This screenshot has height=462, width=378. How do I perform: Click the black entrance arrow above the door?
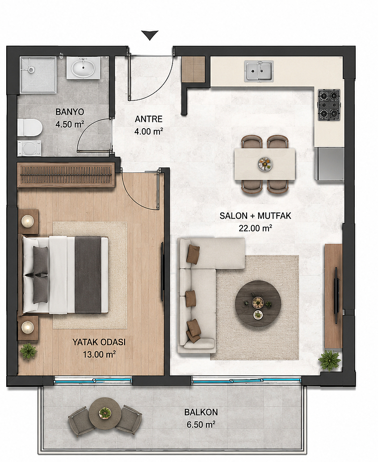(150, 35)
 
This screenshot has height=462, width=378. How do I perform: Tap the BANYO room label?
(70, 112)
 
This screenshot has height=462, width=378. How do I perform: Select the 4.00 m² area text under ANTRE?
(149, 131)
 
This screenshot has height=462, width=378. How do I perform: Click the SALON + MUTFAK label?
(255, 216)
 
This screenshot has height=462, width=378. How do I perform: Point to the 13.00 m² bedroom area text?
(99, 354)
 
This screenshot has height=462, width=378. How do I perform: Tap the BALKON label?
(201, 412)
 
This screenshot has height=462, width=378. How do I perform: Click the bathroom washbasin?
(83, 68)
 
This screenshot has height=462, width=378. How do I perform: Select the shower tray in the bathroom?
(38, 75)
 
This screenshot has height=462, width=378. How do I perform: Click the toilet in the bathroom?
(30, 128)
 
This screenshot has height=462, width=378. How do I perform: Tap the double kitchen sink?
(259, 71)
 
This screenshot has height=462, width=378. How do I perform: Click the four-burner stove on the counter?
(329, 105)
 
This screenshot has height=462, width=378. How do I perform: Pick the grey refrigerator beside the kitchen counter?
(329, 164)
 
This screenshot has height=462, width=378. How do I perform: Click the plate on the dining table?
(265, 164)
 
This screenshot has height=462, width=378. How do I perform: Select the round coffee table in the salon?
(258, 304)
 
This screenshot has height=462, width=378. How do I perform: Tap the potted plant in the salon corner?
(330, 360)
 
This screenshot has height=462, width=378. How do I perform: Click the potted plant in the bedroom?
(28, 352)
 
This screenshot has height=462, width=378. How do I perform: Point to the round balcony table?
(105, 414)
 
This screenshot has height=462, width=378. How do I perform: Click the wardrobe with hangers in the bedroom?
(66, 175)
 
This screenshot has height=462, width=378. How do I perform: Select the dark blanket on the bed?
(88, 275)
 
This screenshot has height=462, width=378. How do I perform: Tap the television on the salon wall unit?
(336, 291)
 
